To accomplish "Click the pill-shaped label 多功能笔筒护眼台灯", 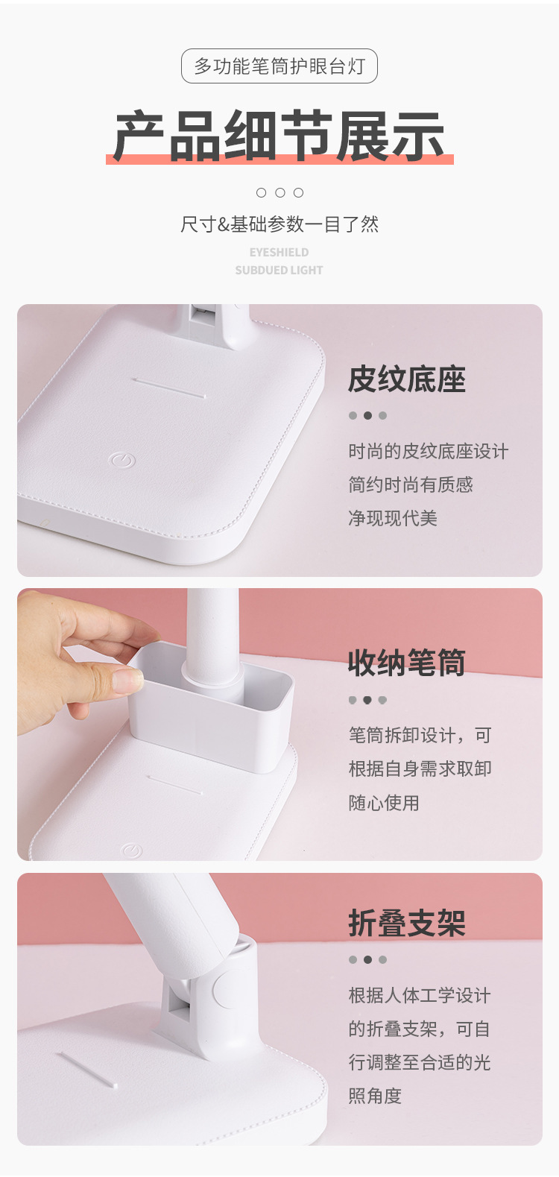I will click(x=279, y=66).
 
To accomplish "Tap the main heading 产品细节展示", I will click(x=279, y=136).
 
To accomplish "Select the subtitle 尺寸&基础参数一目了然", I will click(x=279, y=224).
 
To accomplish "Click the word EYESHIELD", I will click(x=279, y=252).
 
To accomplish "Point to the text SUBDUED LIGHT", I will click(x=279, y=270).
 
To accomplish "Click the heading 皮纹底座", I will click(x=406, y=379).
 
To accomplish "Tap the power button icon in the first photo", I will click(x=122, y=460).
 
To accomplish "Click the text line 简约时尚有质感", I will click(x=411, y=485).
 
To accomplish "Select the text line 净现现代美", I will click(x=393, y=518).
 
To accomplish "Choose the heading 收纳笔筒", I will click(x=406, y=663).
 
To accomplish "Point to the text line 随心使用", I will click(x=384, y=803).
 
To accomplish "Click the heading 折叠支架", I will click(x=406, y=923).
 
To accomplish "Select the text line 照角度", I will click(x=375, y=1096).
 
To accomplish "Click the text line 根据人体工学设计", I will click(x=420, y=995).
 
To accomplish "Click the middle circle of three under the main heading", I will click(x=279, y=192).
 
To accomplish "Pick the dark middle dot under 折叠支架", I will click(x=367, y=959).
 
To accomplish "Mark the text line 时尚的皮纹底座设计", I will click(x=428, y=451).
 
